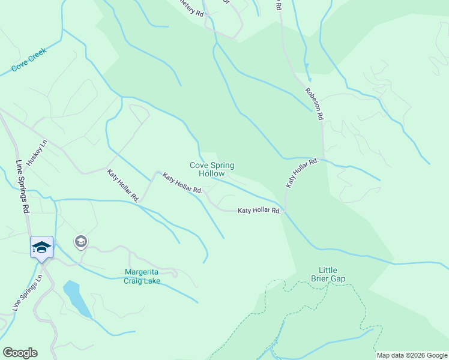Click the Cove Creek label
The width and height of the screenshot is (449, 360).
[29, 61]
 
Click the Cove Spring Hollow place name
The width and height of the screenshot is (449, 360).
[212, 169]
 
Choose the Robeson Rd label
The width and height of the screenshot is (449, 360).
[315, 103]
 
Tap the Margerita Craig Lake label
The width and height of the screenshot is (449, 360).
[142, 275]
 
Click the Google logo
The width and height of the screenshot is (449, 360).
[20, 353]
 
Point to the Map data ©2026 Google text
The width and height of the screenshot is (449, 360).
[412, 355]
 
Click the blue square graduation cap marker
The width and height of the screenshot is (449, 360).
[41, 247]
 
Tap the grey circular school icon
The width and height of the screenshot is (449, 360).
[80, 242]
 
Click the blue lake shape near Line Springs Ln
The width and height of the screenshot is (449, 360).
[76, 298]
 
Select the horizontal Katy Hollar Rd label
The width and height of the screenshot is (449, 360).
[259, 211]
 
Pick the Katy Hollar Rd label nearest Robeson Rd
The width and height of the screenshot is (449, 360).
[301, 173]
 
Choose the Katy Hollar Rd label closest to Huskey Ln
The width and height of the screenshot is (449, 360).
[124, 185]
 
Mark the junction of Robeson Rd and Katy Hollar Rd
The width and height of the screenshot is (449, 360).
[323, 159]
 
